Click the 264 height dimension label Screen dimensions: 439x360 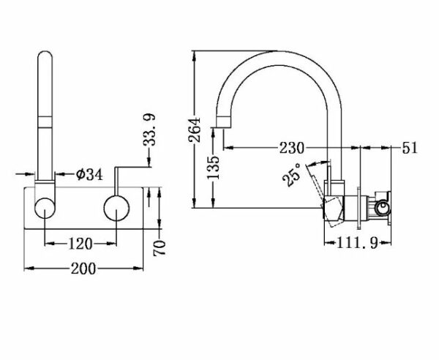point(195,130)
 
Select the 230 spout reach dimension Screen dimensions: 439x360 point(291,148)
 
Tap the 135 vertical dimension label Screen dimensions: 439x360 point(213,167)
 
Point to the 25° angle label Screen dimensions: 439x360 point(292,175)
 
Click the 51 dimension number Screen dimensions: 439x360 point(410,148)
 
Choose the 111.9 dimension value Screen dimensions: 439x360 point(357,242)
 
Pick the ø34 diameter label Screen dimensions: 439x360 point(89,175)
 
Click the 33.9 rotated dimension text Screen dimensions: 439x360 point(149,130)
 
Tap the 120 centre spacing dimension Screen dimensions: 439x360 point(80,244)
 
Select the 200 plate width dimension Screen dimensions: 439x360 point(83,269)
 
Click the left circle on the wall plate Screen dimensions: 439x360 point(45,208)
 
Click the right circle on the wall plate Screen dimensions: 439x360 point(116,209)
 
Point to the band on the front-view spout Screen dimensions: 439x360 point(45,121)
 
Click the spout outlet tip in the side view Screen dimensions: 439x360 point(224,123)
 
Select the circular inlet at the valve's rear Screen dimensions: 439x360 point(380,209)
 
